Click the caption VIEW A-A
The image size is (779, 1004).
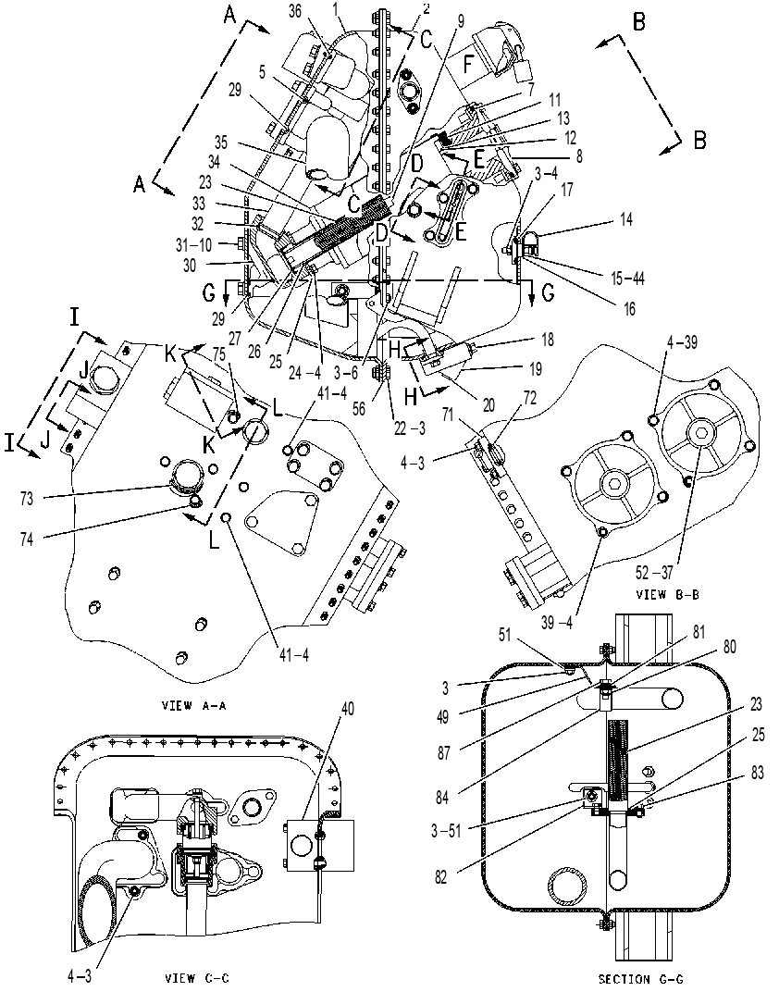(x=194, y=706)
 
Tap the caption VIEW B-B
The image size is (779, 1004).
(x=667, y=594)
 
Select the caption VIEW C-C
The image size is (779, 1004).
(x=196, y=978)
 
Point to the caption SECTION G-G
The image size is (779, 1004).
(x=640, y=978)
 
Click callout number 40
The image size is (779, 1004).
(x=348, y=709)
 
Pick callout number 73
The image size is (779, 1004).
(x=27, y=498)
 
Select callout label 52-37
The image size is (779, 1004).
(x=655, y=570)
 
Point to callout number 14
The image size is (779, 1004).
(x=626, y=219)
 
